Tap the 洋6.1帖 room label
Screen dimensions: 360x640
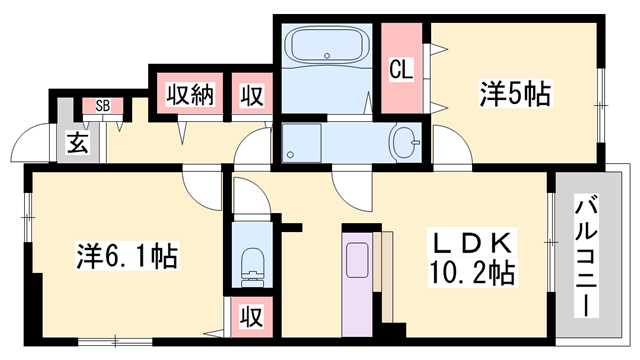pos(127,257)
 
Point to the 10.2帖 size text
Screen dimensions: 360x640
pos(473,272)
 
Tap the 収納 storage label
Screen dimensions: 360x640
pos(190,96)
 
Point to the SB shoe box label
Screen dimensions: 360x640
pos(103,105)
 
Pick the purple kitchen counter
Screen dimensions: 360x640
pos(357,280)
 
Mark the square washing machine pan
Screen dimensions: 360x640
pos(301,141)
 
